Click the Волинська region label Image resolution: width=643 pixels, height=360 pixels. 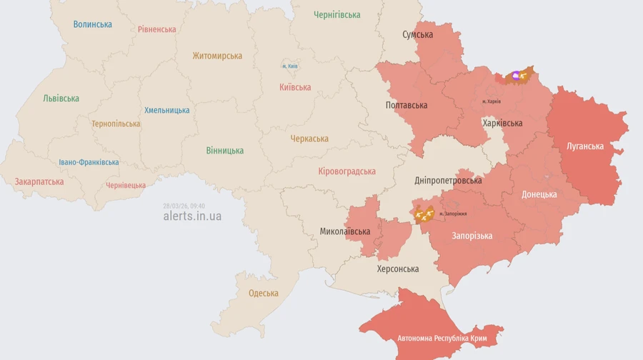(92, 24)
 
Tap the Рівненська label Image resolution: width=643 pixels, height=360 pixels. (156, 29)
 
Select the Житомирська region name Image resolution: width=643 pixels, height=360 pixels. (216, 56)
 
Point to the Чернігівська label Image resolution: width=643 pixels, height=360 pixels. (337, 14)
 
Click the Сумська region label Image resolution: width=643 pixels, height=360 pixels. (417, 34)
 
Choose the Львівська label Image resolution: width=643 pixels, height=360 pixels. (61, 99)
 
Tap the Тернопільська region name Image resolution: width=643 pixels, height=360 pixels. (116, 124)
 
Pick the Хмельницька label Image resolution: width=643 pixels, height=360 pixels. (166, 110)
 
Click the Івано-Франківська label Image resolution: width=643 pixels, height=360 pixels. (89, 162)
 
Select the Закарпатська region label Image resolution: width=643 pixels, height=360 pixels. (39, 181)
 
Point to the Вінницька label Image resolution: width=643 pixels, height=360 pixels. (224, 150)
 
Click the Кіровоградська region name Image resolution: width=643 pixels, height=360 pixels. (347, 171)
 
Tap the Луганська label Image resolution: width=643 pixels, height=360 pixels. (584, 146)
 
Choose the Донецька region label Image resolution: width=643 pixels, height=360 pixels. (539, 194)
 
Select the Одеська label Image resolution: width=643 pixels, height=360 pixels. (263, 294)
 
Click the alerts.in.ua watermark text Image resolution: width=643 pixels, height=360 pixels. (192, 216)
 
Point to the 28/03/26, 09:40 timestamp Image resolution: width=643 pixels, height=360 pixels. (184, 205)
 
